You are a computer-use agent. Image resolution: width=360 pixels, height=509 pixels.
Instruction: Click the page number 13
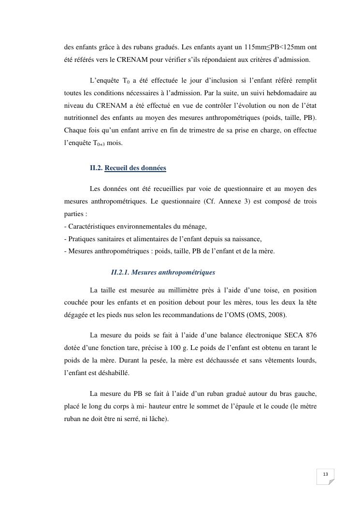tap(325, 474)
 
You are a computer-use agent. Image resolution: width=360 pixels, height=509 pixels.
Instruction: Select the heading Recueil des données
tap(135, 168)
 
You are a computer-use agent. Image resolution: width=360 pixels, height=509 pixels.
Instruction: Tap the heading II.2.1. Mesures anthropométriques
tap(163, 273)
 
